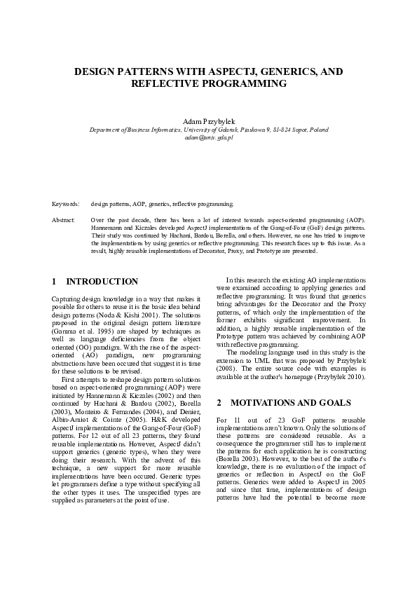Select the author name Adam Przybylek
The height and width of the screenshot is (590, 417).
point(208,122)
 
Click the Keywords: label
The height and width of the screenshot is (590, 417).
point(65,204)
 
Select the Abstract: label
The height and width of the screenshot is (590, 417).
point(64,220)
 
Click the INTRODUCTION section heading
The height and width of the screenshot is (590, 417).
point(102,282)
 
